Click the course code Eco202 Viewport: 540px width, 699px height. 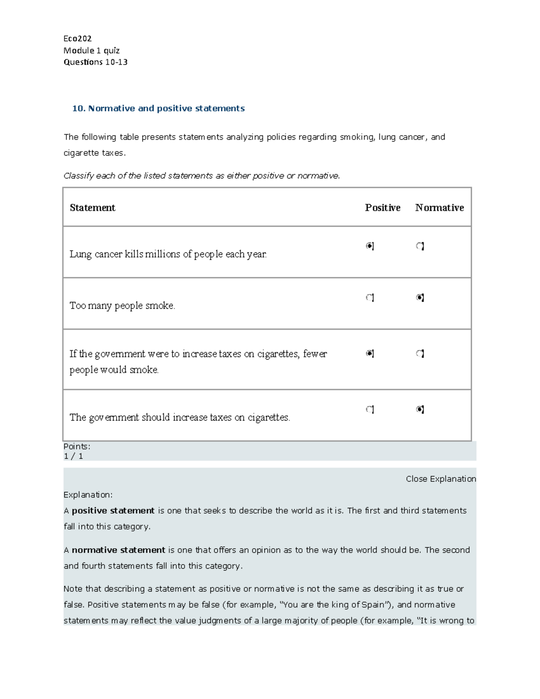click(x=77, y=39)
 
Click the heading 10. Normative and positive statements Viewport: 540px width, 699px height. click(x=158, y=108)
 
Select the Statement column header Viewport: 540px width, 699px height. click(x=93, y=207)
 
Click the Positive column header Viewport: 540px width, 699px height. click(x=382, y=207)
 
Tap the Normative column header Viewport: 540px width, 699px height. click(x=439, y=207)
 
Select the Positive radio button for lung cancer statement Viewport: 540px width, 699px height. click(x=369, y=246)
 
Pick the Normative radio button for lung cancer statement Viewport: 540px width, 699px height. click(x=420, y=246)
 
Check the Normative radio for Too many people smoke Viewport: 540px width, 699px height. click(x=420, y=298)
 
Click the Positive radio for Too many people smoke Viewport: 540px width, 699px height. click(x=369, y=298)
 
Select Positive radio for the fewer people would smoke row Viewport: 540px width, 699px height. click(x=369, y=353)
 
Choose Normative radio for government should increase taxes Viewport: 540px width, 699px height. click(x=420, y=409)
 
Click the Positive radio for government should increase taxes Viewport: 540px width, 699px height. click(x=369, y=409)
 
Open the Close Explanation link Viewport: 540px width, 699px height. click(x=441, y=479)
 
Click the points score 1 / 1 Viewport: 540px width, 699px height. click(x=73, y=456)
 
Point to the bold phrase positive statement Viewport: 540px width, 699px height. click(x=113, y=511)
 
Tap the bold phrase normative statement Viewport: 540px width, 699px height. click(x=118, y=550)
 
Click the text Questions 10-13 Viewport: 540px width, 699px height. click(x=95, y=62)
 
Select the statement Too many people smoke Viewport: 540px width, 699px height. click(x=122, y=306)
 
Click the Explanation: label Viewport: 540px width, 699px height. click(x=88, y=495)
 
